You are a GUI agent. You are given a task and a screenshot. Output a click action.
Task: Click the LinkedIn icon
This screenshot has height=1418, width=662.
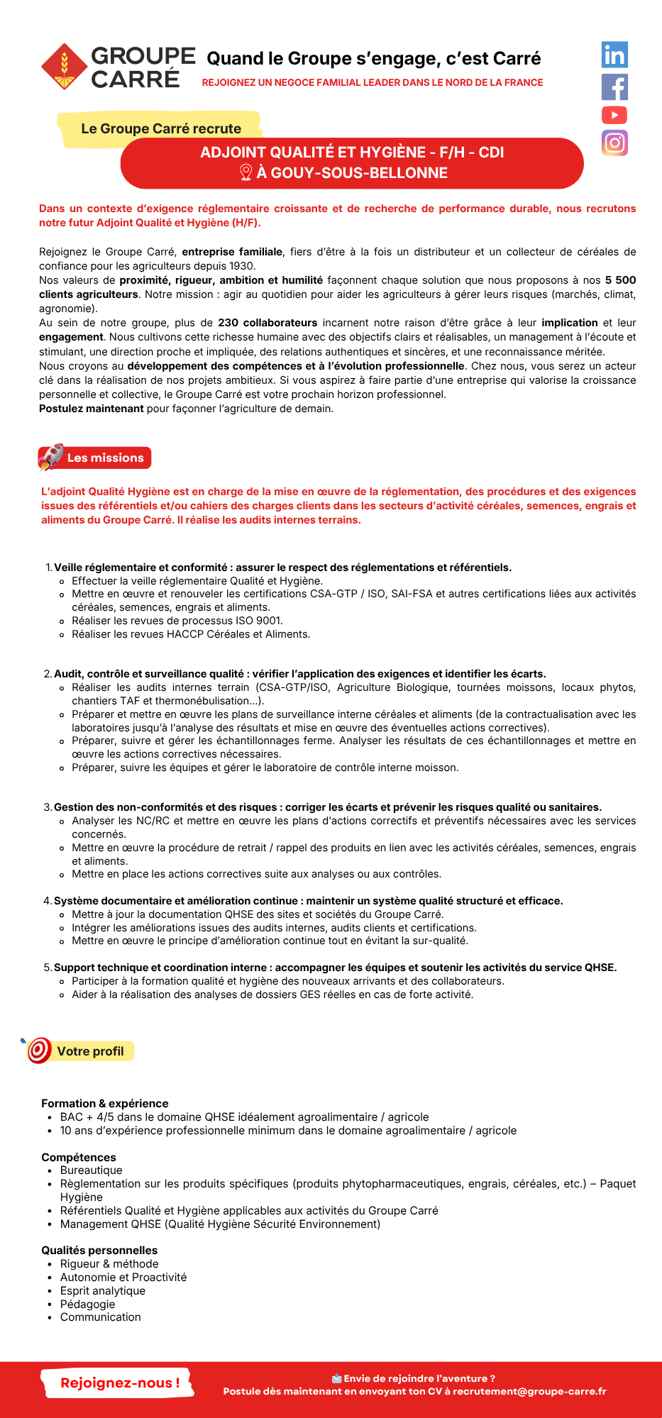pos(614,55)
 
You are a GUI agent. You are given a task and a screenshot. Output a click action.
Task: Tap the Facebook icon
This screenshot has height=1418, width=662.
pos(614,87)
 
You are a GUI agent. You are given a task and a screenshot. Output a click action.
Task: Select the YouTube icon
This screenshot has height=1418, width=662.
pos(614,115)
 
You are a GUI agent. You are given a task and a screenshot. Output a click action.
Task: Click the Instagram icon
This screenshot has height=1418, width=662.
pos(614,143)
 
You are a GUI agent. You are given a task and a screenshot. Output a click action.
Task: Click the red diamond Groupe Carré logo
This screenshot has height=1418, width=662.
pos(64,67)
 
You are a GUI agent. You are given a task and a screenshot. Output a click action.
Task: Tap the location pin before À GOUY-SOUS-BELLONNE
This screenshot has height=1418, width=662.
pos(246,172)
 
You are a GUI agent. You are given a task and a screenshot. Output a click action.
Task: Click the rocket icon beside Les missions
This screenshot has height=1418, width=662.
pos(51,458)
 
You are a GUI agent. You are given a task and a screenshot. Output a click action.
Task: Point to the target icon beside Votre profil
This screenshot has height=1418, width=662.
pos(39,1050)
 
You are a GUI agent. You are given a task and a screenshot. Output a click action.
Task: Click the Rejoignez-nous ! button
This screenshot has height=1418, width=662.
pos(119,1383)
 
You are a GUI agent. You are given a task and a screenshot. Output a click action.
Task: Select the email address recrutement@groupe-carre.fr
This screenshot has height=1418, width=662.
pos(529,1391)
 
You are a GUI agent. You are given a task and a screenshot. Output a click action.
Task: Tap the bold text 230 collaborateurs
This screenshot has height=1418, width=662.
pos(267,323)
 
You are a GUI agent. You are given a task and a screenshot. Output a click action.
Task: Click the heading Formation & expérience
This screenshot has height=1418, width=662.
pos(105,1103)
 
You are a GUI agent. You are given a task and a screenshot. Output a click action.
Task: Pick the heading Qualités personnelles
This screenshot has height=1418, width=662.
pos(99,1250)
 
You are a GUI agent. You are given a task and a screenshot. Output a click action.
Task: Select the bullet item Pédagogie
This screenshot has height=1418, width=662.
pos(87,1304)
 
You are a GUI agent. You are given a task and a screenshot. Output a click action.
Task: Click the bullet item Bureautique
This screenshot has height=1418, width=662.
pos(91,1170)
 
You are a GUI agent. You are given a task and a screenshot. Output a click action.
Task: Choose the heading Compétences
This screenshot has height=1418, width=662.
pos(79,1157)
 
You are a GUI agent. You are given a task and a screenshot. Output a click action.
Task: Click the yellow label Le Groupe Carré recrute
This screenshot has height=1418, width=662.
pos(161,128)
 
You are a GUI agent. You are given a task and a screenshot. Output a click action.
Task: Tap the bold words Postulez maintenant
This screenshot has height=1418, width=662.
pos(92,409)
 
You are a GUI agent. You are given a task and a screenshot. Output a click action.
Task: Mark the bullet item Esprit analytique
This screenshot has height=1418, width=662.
pos(103,1290)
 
